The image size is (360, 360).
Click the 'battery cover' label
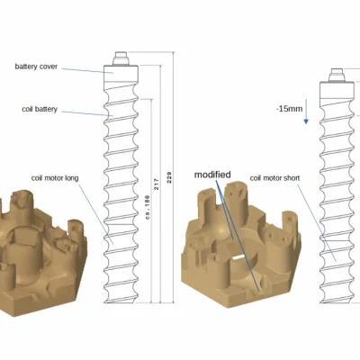point(36,67)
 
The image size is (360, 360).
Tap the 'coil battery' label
point(40,109)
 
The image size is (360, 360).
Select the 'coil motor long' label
point(55,178)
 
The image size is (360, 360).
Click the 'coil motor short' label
point(274,178)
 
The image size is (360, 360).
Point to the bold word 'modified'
point(212,175)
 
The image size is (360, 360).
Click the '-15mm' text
point(289,109)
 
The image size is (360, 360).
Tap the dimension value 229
point(169,177)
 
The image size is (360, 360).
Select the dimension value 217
point(157,184)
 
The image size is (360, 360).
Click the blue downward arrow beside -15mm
point(306,111)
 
